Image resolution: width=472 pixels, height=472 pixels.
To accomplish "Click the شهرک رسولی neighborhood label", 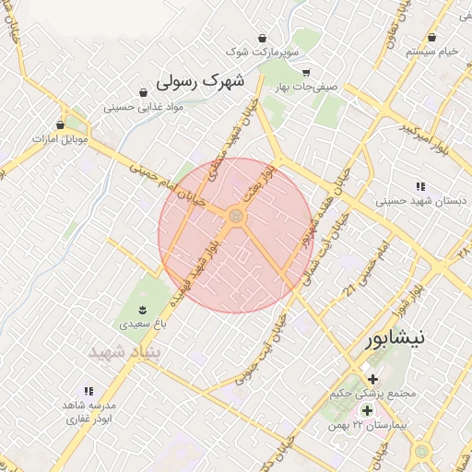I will pos(201,81).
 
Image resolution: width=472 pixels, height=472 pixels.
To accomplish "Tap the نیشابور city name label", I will pos(395,337).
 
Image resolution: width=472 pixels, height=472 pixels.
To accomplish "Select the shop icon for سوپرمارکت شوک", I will pos(264,39).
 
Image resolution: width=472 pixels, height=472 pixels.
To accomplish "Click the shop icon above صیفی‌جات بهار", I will pos(306,72).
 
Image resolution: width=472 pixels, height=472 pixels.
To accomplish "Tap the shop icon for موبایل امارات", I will pos(61,124).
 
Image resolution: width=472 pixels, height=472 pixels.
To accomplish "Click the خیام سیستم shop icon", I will pos(432,37).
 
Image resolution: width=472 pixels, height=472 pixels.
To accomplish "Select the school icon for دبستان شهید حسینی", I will pos(421,186).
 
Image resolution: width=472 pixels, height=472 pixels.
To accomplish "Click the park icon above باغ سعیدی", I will pos(143,310).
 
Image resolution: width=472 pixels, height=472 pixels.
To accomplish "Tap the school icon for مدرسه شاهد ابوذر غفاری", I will pos(88,392).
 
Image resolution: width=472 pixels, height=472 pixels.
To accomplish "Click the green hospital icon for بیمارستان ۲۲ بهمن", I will pos(367,410).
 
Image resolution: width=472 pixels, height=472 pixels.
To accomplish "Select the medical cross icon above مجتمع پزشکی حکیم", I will pos(372,379).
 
